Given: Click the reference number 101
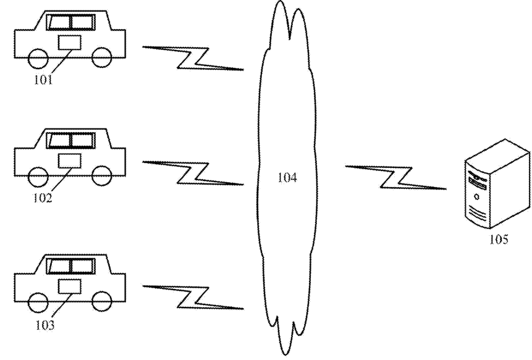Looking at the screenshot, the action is pyautogui.click(x=43, y=80).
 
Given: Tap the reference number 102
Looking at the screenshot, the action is pyautogui.click(x=43, y=199).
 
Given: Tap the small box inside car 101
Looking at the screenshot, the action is pyautogui.click(x=69, y=43).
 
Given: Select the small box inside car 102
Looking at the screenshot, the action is pyautogui.click(x=69, y=160).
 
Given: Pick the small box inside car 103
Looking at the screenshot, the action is pyautogui.click(x=69, y=286).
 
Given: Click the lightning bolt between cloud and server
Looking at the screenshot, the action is pyautogui.click(x=395, y=177).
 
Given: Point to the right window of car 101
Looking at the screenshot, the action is pyautogui.click(x=82, y=22).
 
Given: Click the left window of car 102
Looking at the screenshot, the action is pyautogui.click(x=59, y=141).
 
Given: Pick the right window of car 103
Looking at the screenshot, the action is pyautogui.click(x=82, y=266).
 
